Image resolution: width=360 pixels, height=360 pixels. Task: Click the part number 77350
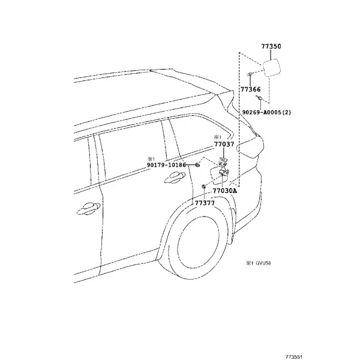pos(271,46)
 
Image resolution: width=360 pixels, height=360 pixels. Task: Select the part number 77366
pos(250,89)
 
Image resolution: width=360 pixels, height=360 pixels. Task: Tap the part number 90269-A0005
pos(262,112)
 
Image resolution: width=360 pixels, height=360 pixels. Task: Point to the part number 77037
pos(224,144)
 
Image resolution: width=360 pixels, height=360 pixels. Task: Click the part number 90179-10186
pos(166,165)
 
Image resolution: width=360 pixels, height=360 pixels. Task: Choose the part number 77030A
pos(225,191)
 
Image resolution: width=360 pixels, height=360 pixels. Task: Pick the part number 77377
pos(205,203)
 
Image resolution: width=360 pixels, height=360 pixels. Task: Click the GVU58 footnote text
pos(263,263)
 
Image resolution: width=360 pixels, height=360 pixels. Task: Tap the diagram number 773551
pos(294,357)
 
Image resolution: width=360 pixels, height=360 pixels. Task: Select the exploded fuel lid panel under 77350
pos(272,68)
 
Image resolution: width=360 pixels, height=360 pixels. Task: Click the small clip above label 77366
pos(250,74)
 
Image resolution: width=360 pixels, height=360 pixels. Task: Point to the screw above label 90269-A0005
pos(259,98)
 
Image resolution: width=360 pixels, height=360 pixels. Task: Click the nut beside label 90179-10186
pos(197,164)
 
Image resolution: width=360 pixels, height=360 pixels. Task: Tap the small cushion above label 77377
pos(203,186)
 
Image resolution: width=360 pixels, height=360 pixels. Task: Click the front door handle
pos(89,208)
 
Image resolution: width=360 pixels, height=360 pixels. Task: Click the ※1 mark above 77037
pos(217,137)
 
